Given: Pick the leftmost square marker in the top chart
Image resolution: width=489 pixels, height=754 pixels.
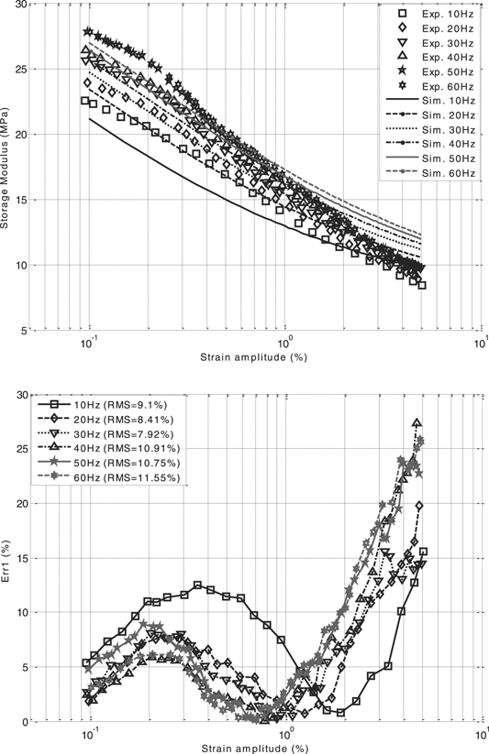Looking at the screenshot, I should [86, 101].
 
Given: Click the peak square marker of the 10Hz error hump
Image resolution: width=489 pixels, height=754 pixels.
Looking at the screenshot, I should [197, 585].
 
